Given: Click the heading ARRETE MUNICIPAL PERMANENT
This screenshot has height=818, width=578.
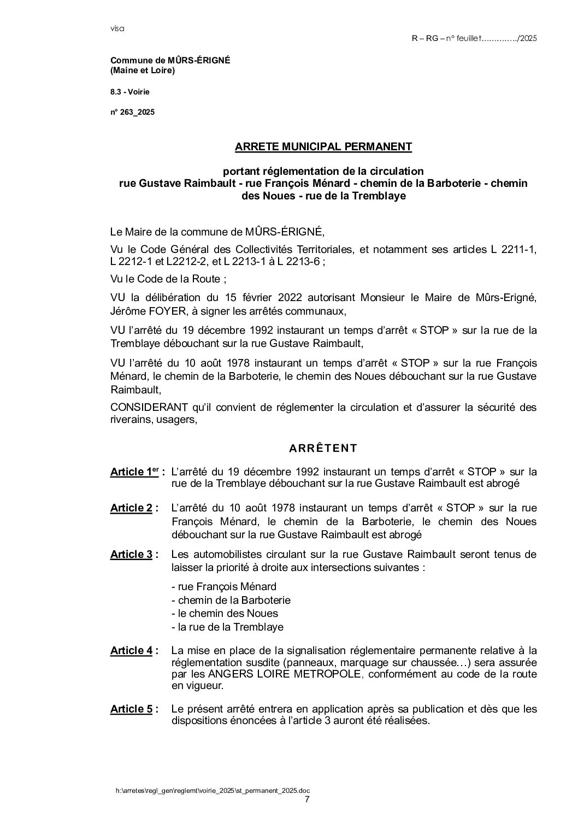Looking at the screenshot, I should pos(323,146).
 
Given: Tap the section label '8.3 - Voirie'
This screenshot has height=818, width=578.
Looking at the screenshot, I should pos(129,92).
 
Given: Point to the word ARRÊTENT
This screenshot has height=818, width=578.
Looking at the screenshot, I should pos(323,449).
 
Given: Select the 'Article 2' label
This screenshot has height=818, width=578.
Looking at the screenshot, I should pos(132,508).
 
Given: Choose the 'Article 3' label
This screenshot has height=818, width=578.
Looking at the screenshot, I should pos(132,555).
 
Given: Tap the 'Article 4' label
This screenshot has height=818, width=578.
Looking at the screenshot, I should pos(132,650).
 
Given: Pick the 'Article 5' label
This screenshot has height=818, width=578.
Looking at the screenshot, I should pos(132,709).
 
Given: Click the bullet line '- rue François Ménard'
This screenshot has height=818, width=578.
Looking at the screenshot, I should pos(223,587).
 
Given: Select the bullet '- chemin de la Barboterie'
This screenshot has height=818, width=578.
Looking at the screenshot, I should pos(231,600).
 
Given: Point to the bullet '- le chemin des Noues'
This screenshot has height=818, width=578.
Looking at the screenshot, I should pos(225,614).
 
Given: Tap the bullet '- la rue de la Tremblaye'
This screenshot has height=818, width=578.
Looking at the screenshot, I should pos(227,627).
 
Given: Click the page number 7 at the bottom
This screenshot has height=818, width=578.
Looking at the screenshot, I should pos(307,799).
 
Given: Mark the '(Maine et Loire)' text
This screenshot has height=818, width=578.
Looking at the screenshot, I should pos(143,71).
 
